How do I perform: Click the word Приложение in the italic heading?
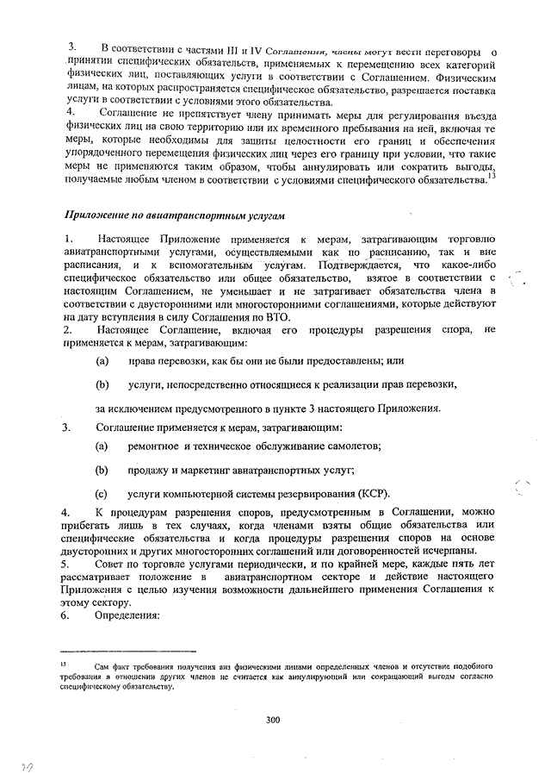pos(98,215)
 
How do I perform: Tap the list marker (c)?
pos(102,494)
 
